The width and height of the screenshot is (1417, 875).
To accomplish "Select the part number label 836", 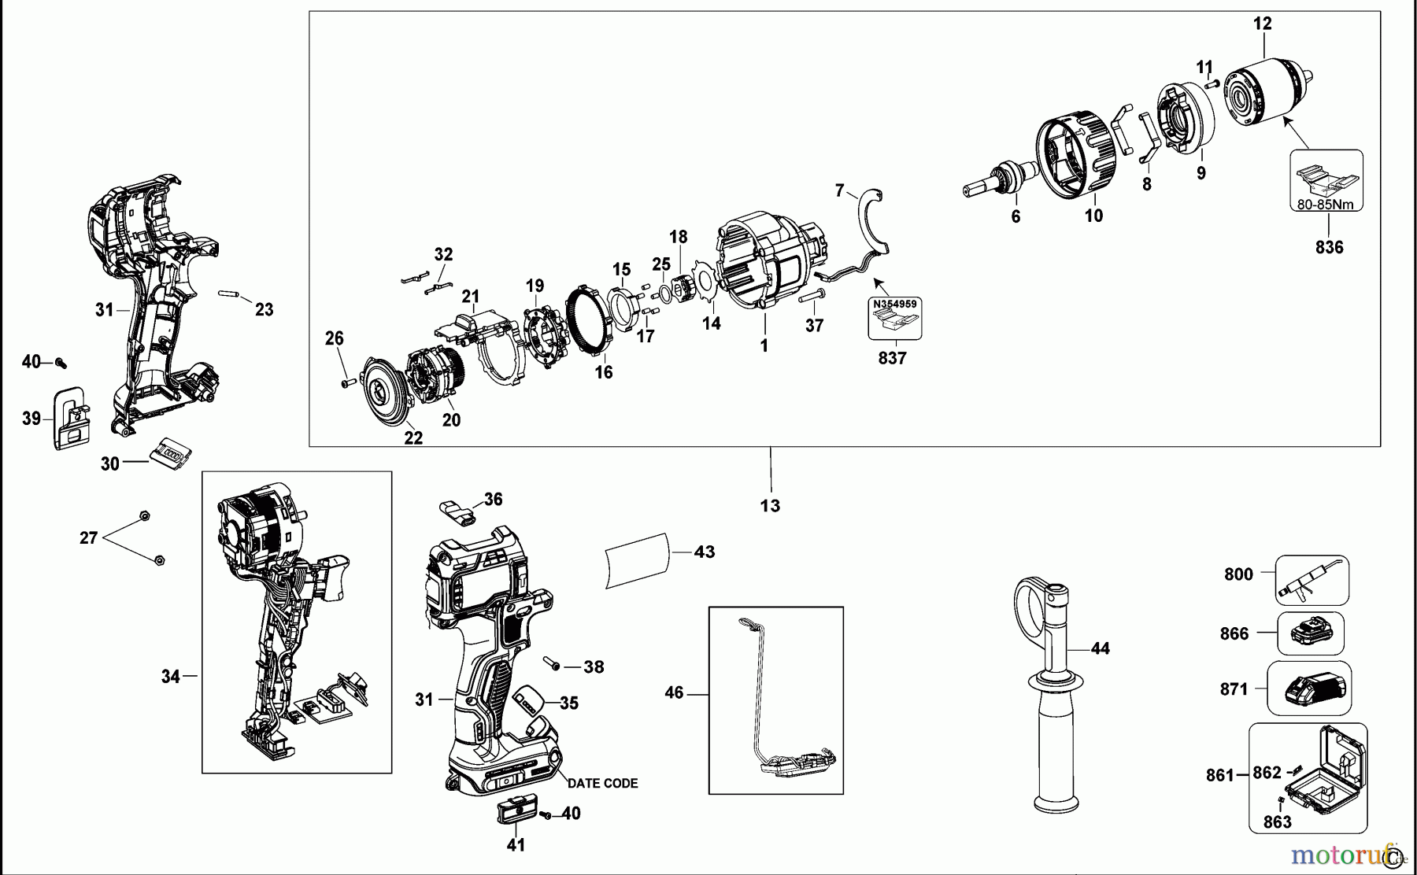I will pyautogui.click(x=1329, y=247).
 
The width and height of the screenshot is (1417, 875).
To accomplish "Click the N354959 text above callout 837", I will pyautogui.click(x=894, y=303).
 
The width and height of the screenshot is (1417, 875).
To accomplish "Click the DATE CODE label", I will pyautogui.click(x=602, y=783).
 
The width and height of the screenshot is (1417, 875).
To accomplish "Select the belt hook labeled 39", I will pyautogui.click(x=71, y=418).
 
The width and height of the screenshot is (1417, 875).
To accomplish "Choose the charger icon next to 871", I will pyautogui.click(x=1309, y=689).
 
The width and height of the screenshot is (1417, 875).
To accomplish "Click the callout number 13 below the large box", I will pyautogui.click(x=770, y=505).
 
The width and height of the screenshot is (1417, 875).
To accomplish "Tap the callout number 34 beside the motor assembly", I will pyautogui.click(x=171, y=676).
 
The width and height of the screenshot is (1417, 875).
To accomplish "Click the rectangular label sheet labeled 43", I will pyautogui.click(x=637, y=559).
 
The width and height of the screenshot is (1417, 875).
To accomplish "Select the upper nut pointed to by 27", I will pyautogui.click(x=144, y=515).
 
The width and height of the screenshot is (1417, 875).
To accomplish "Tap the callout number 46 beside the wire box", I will pyautogui.click(x=674, y=693).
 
